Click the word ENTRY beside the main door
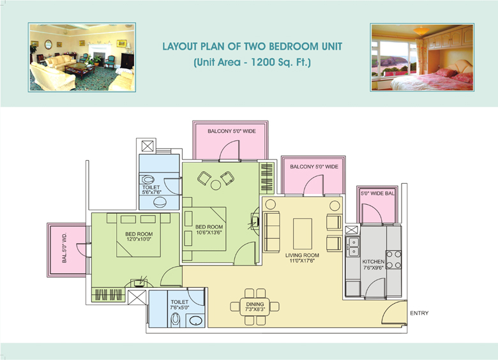point(419,313)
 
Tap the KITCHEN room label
point(373,262)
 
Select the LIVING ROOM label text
point(302,255)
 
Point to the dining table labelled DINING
point(255,306)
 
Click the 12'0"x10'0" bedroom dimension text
point(139,239)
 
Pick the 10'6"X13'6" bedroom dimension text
point(209,232)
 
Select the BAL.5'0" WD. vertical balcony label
point(64,248)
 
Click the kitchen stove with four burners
point(393,260)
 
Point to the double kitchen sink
point(353,247)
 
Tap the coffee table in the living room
point(303,234)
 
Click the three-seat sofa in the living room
point(271,232)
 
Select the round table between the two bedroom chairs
point(216,185)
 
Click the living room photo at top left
point(82,57)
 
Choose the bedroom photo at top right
point(422,57)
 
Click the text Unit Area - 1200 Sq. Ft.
point(252,62)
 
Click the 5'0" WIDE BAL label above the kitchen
point(377,193)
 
